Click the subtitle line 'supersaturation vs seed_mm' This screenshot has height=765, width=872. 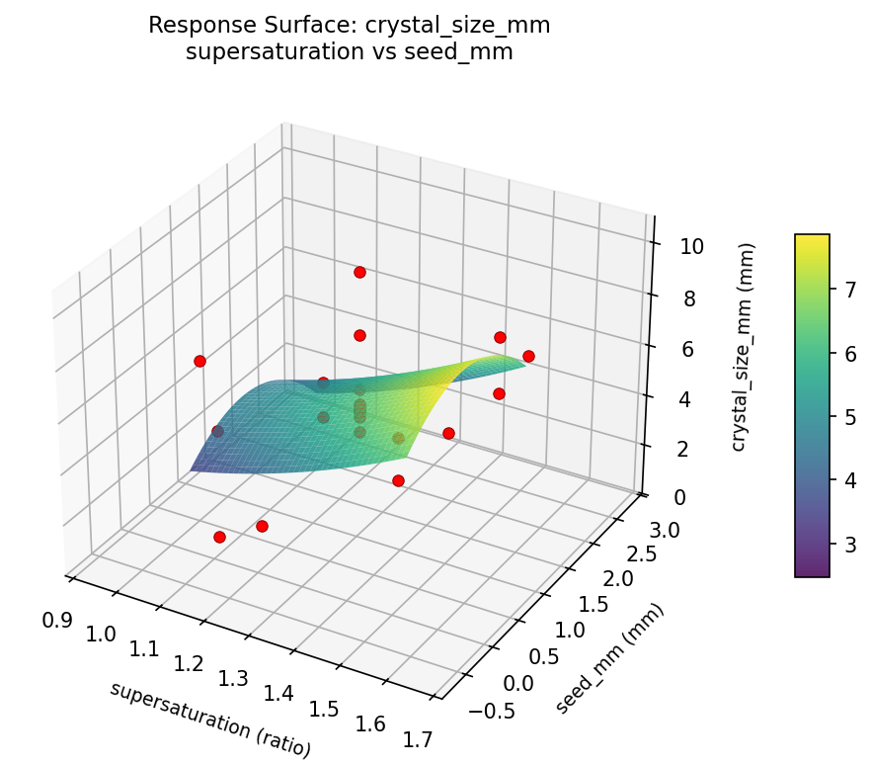(x=349, y=52)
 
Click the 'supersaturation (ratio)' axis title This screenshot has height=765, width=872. (x=210, y=720)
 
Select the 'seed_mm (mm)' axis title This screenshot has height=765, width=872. (x=609, y=657)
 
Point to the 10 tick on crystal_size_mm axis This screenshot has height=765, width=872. (x=691, y=246)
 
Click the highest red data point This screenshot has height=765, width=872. (x=359, y=272)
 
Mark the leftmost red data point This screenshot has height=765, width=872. (x=199, y=361)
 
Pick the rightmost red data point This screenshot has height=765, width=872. (x=528, y=356)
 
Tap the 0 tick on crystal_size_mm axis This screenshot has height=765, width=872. (x=680, y=496)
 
